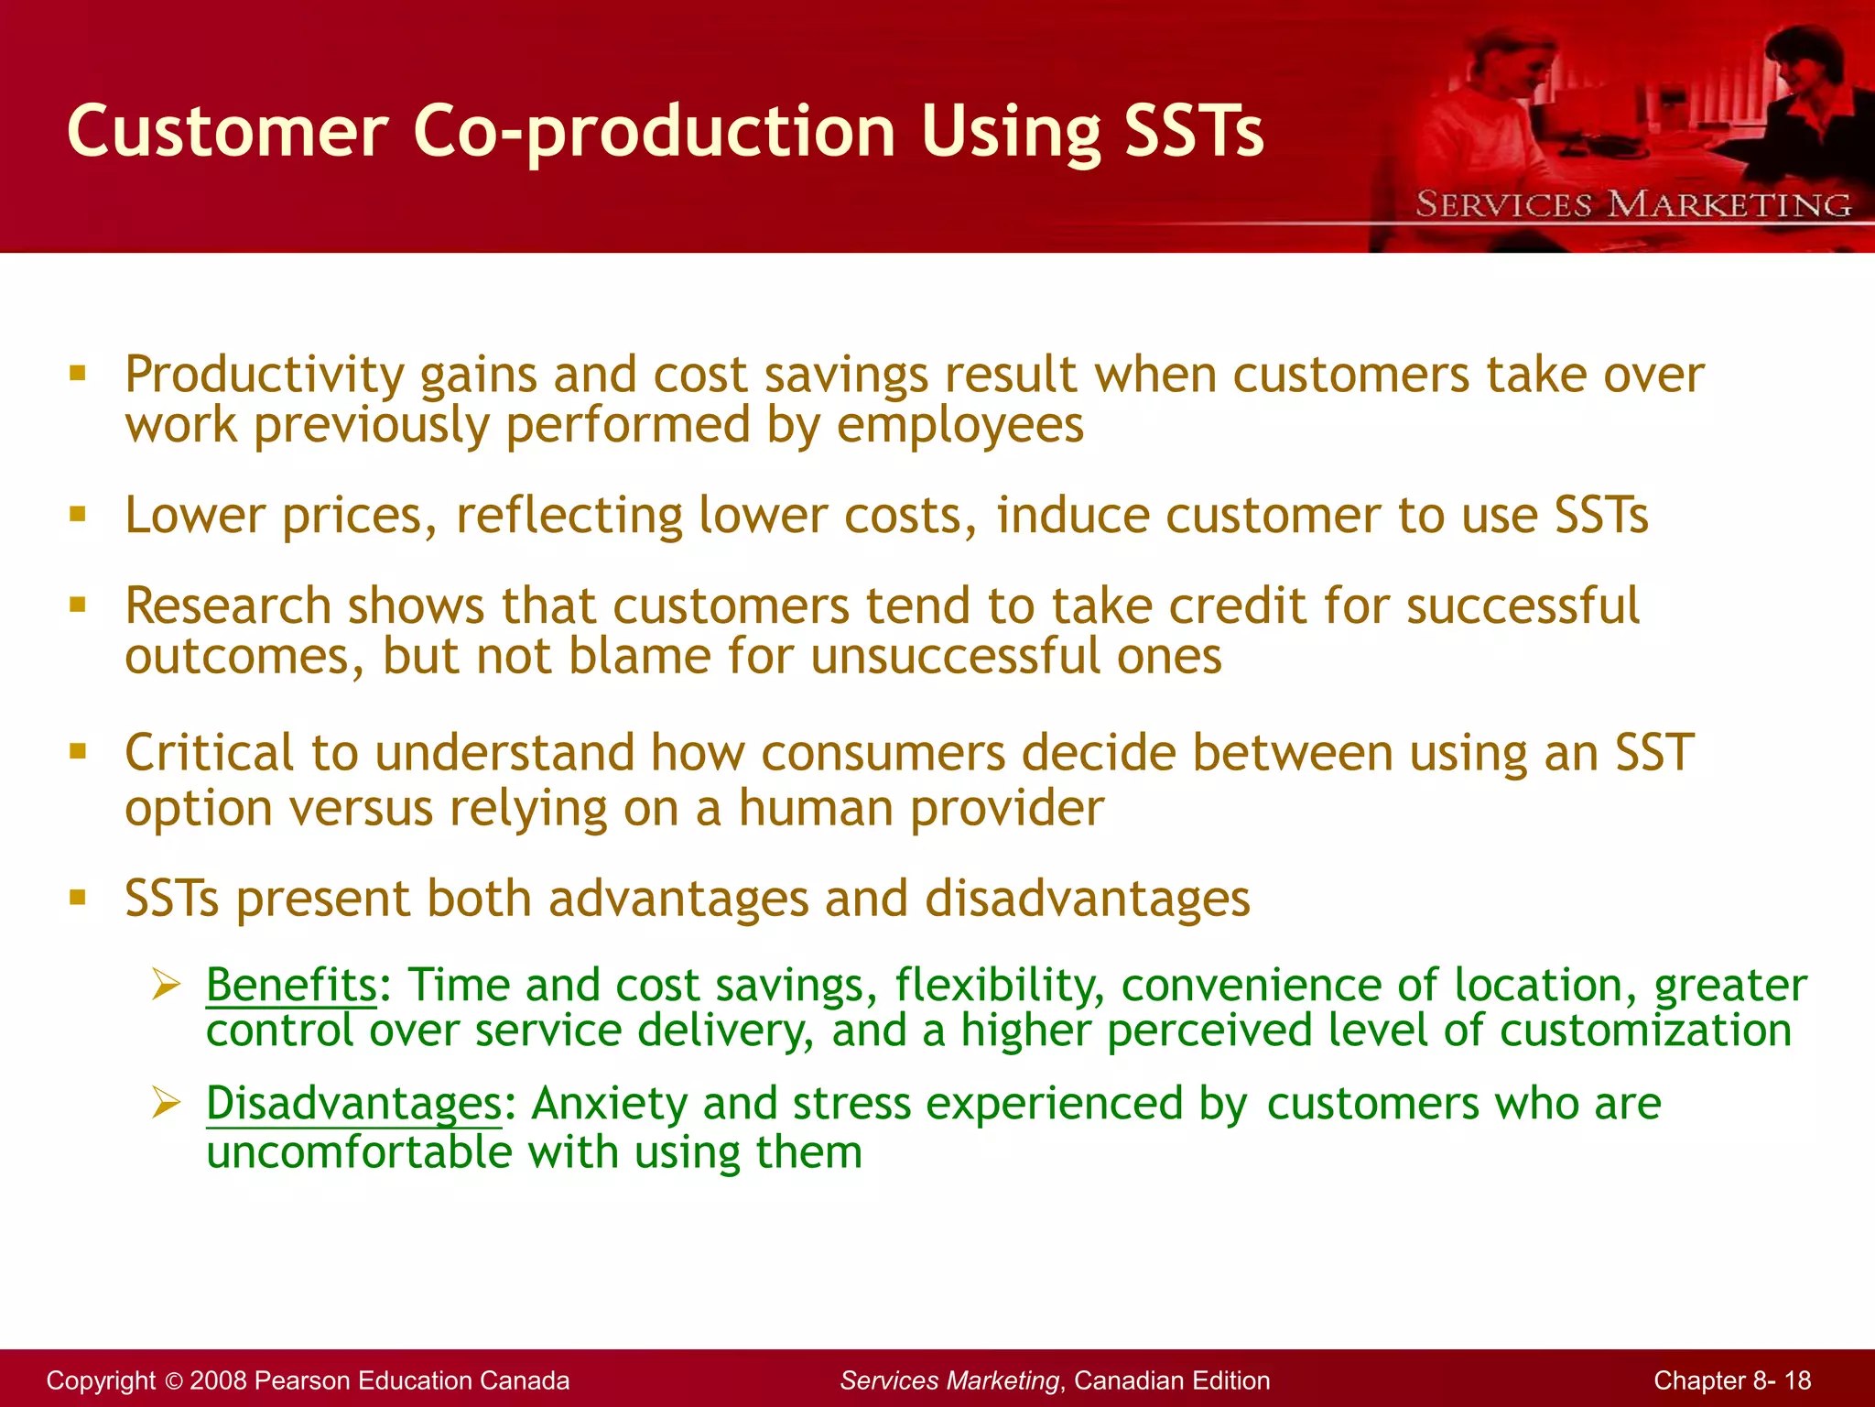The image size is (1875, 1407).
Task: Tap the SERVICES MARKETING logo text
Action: [x=1633, y=204]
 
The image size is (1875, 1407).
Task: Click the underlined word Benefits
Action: [x=291, y=986]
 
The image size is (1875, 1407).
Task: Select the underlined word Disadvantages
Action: [x=353, y=1104]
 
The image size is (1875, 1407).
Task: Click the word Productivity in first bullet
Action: [x=265, y=376]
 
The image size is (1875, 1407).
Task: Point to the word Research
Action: [x=228, y=606]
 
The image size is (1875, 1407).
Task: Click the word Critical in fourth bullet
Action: [x=210, y=753]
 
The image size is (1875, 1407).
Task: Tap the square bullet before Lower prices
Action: [x=78, y=515]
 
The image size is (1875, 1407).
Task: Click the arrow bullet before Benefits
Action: [x=167, y=986]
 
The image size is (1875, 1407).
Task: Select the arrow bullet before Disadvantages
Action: [x=167, y=1103]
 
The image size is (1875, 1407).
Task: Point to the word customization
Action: [x=1645, y=1031]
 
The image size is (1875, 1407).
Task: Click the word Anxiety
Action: [x=609, y=1104]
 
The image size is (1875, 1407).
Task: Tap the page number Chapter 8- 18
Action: [x=1732, y=1380]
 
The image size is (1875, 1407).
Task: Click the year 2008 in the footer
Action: [x=218, y=1380]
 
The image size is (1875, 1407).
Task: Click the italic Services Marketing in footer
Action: [x=949, y=1380]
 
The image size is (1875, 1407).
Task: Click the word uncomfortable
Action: [x=359, y=1152]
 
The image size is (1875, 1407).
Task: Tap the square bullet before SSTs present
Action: [x=78, y=898]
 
